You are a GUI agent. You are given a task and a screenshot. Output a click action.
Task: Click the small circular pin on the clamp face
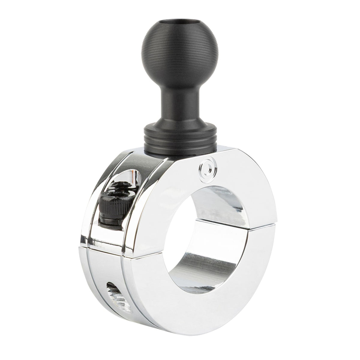point(206,167)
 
